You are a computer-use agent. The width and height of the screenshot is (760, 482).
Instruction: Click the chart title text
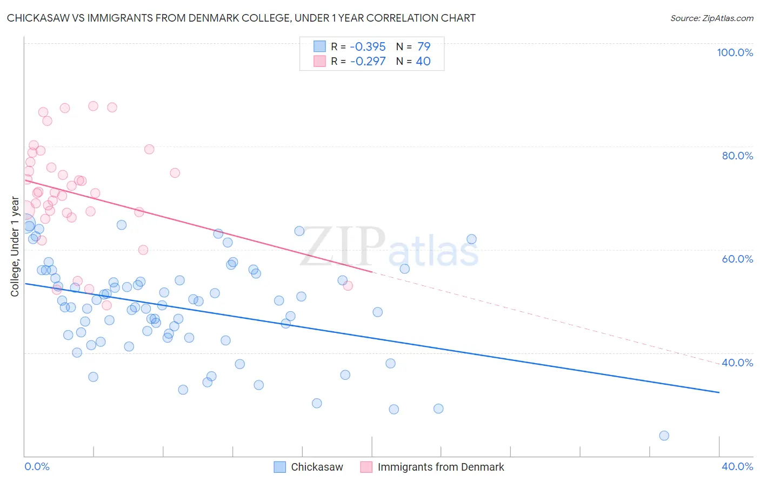241,18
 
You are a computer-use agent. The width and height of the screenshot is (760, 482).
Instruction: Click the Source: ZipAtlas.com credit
711,18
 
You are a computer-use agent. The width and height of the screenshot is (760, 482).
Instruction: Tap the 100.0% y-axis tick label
735,52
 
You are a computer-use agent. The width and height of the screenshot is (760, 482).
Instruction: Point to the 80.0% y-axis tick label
737,156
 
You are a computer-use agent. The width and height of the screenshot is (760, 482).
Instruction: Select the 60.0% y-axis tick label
737,259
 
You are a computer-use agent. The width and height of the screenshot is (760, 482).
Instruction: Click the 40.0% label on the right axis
737,363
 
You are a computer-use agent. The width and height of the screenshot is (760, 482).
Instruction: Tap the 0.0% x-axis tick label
37,466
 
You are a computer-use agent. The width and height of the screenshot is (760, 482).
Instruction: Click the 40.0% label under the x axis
737,466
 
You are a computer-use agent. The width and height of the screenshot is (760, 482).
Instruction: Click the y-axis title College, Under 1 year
15,247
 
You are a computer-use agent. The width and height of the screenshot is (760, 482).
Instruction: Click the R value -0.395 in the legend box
368,47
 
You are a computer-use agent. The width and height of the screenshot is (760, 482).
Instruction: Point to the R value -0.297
368,62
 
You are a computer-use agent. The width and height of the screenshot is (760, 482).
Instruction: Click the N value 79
424,47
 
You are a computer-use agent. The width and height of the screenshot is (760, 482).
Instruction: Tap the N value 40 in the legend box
423,62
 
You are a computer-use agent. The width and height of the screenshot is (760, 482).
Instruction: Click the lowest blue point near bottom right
664,436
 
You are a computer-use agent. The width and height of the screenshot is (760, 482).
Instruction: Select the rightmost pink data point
348,286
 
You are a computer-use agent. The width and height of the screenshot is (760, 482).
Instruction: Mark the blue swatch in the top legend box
320,46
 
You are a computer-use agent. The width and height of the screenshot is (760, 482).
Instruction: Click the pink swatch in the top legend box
320,61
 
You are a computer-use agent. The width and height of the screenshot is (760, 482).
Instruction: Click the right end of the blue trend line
719,392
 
